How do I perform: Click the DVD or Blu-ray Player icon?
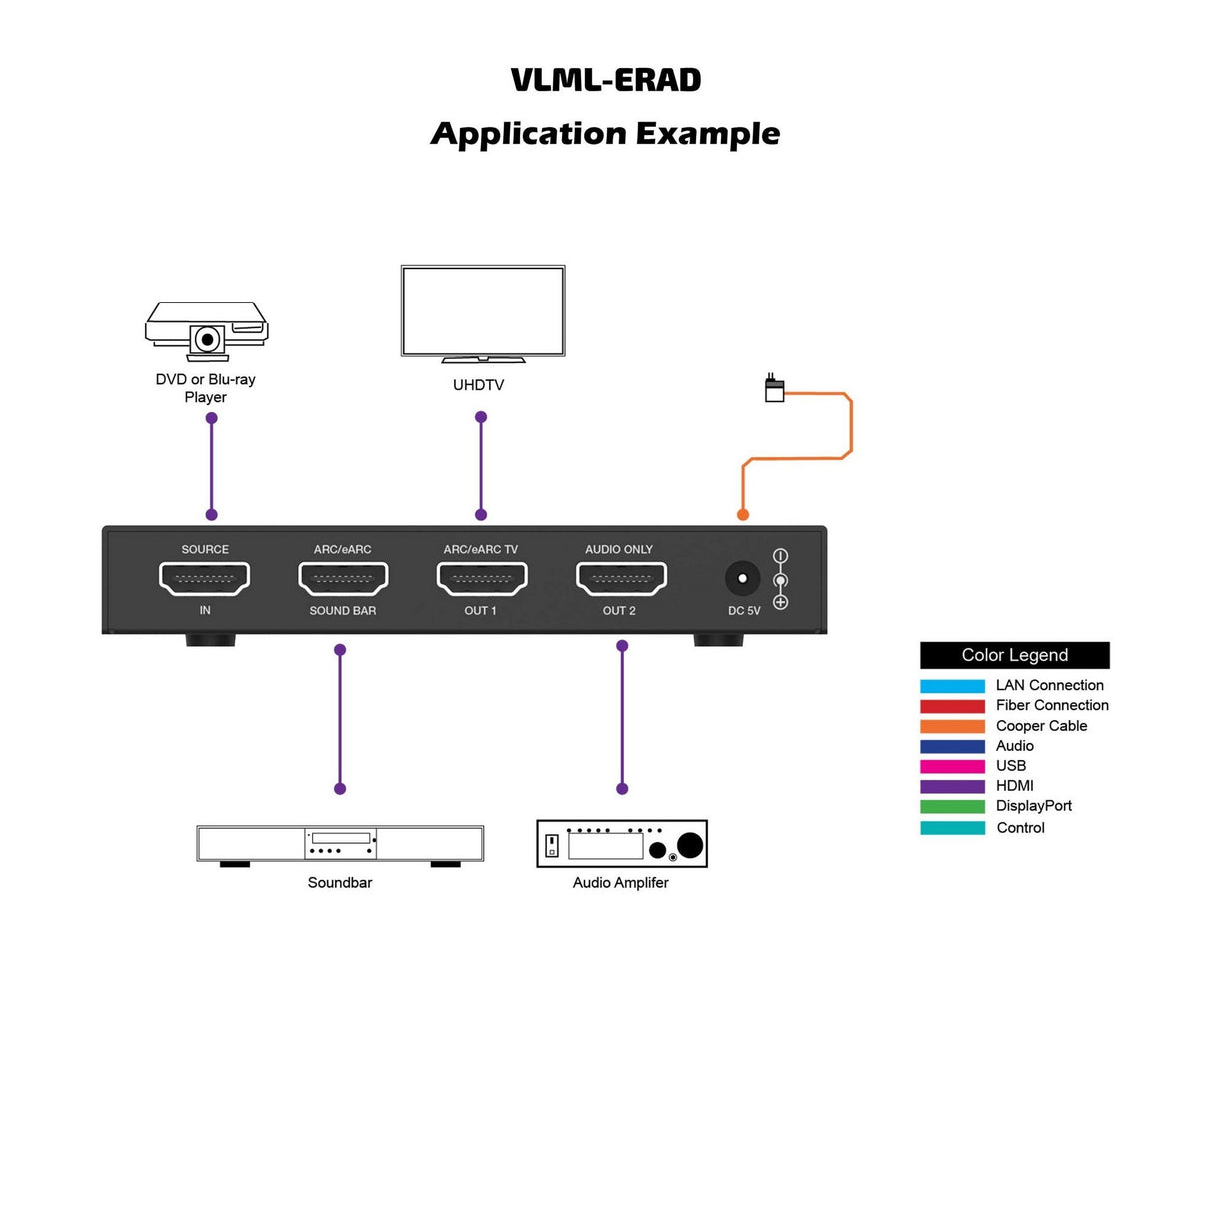point(207,330)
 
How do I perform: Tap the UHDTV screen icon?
point(483,311)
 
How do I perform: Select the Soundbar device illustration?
point(340,844)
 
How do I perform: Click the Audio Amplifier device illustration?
point(622,844)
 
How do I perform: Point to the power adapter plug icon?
point(774,389)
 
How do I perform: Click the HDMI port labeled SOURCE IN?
point(205,578)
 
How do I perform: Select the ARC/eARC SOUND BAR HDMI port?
point(343,578)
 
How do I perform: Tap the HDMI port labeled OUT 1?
point(482,578)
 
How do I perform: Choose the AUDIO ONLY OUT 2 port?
point(621,578)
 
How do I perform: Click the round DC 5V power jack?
point(742,579)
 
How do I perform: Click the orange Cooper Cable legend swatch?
point(952,727)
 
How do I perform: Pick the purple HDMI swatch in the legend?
point(952,787)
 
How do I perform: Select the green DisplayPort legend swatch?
point(952,807)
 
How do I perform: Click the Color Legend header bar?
point(1014,655)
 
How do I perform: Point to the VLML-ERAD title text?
point(606,80)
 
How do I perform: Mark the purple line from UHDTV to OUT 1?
point(481,466)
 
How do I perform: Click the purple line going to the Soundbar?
point(340,719)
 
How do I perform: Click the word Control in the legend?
point(1020,828)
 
